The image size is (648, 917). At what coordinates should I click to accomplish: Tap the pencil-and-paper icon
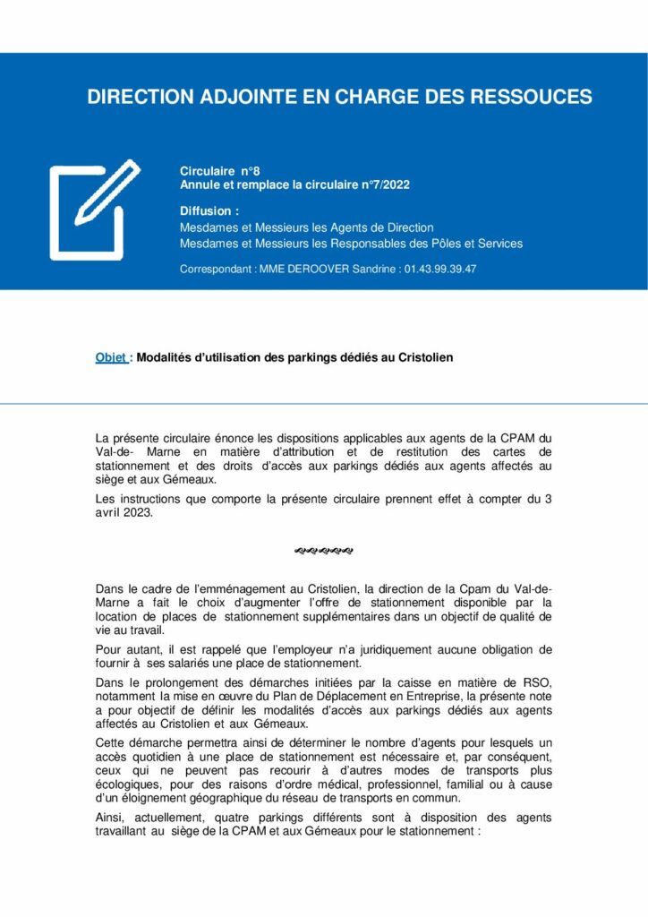(x=93, y=209)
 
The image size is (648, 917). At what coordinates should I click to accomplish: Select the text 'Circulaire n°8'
(x=219, y=170)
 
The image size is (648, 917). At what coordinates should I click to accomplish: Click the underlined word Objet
(x=110, y=357)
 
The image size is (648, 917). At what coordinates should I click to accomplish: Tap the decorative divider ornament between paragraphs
(x=323, y=550)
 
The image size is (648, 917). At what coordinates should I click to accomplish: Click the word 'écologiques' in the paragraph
(x=126, y=785)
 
